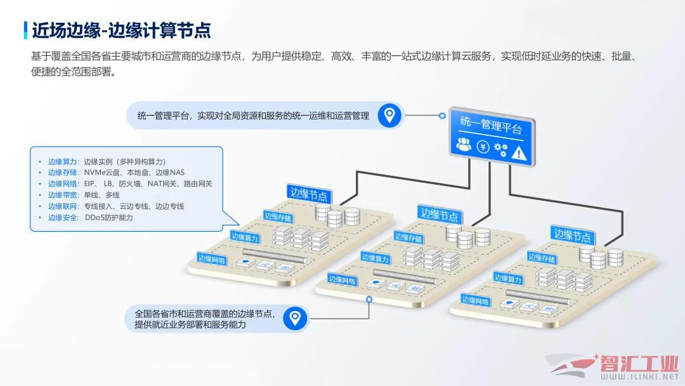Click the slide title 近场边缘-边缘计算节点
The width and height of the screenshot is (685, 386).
[x=121, y=30]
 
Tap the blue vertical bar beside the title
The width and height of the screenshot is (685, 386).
[x=26, y=30]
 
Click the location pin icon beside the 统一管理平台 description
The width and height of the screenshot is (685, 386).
[x=389, y=116]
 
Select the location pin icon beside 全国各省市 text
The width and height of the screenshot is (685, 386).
[x=295, y=318]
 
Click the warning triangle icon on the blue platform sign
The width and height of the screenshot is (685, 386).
[x=519, y=153]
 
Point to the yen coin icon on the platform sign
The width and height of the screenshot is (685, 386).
[x=483, y=147]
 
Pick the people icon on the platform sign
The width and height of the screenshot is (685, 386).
[x=464, y=144]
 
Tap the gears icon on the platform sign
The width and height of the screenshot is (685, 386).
[x=500, y=149]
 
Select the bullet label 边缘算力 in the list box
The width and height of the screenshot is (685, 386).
[x=62, y=162]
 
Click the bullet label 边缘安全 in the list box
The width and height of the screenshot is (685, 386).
[x=62, y=217]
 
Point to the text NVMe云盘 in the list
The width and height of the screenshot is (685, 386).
[x=101, y=173]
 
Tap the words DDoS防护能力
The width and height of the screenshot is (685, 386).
[x=109, y=217]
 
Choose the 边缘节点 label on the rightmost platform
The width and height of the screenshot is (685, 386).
[x=572, y=235]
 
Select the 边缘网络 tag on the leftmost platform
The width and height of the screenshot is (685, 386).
[x=211, y=259]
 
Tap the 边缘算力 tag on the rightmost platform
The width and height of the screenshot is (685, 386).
[x=507, y=279]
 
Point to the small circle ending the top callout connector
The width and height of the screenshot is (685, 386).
[x=442, y=116]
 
